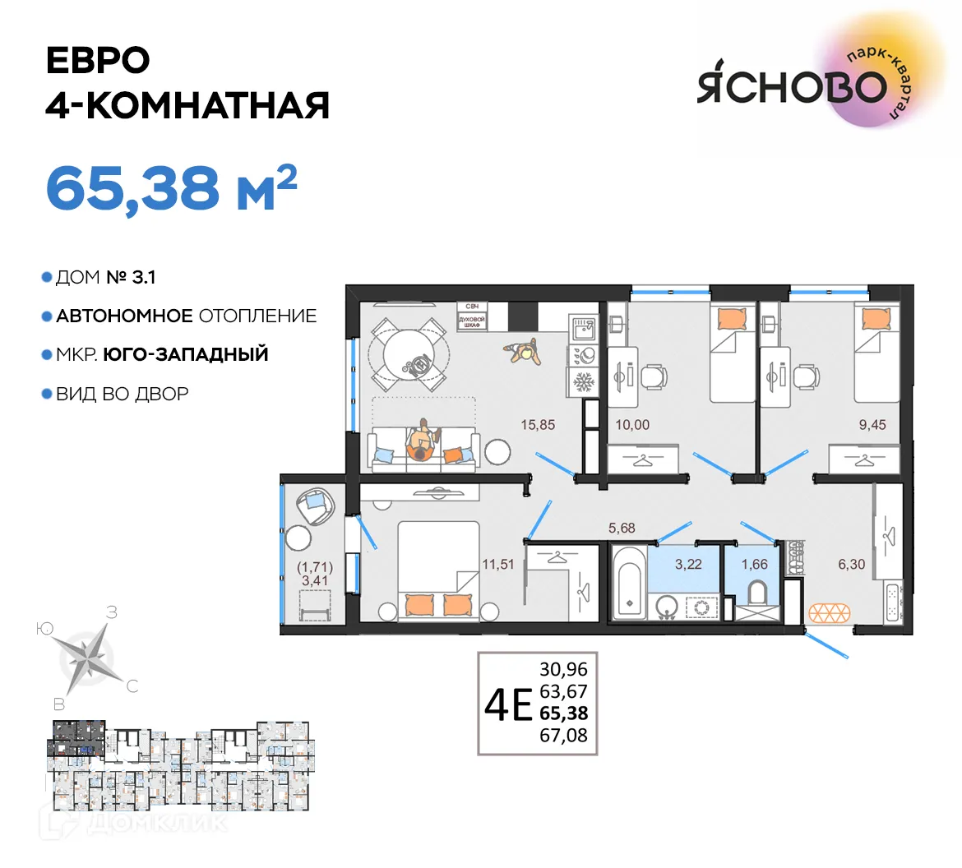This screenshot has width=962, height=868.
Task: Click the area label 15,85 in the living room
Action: click(x=539, y=425)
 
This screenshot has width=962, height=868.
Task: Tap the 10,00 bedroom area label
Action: click(x=632, y=425)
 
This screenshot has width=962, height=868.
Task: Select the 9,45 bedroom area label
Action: click(x=872, y=425)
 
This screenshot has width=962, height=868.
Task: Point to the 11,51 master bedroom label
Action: click(x=497, y=564)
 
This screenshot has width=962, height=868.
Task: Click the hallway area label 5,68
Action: click(x=622, y=529)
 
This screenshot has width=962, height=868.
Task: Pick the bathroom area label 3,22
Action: click(x=688, y=565)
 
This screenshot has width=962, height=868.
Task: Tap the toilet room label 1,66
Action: click(x=754, y=565)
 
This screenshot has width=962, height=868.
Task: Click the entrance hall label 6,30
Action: click(x=851, y=565)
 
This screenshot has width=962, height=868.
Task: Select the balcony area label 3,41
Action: click(x=315, y=580)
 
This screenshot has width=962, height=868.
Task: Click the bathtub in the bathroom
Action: click(x=629, y=579)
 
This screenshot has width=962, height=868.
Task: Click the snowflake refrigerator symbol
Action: click(x=583, y=382)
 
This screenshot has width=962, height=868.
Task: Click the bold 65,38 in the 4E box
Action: click(x=563, y=713)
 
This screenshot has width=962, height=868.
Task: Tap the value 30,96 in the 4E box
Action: click(x=563, y=669)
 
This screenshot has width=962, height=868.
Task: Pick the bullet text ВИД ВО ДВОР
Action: click(x=122, y=394)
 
